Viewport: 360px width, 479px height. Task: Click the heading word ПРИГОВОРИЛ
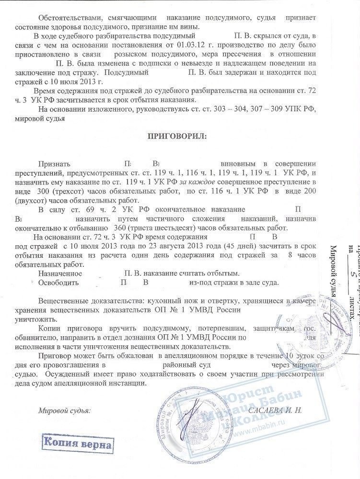click(177, 137)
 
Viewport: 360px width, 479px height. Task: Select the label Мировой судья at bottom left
click(64, 410)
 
